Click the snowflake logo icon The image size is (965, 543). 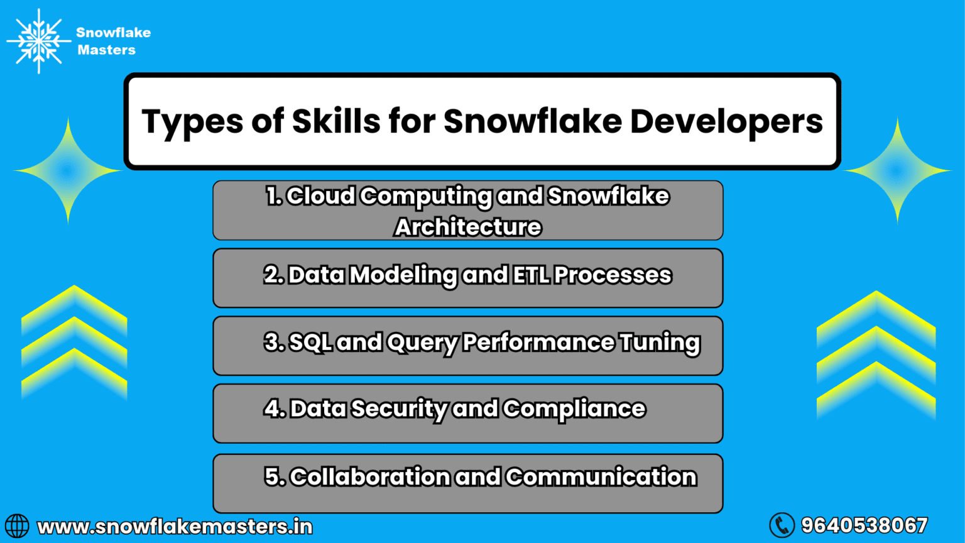click(x=39, y=41)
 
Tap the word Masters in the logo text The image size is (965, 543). click(x=106, y=50)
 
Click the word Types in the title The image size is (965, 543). click(x=191, y=121)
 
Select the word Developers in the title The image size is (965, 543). click(x=726, y=121)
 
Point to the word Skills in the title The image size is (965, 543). click(x=336, y=121)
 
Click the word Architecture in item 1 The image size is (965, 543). click(x=468, y=227)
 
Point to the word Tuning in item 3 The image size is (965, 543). click(x=660, y=343)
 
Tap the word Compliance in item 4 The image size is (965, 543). click(x=574, y=409)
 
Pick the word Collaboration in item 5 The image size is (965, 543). click(x=369, y=477)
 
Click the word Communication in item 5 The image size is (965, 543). click(x=601, y=477)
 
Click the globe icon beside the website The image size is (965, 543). click(x=17, y=526)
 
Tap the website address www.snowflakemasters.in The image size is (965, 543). click(x=175, y=527)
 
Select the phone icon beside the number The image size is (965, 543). click(x=782, y=525)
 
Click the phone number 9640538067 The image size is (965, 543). click(x=864, y=525)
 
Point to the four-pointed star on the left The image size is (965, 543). click(x=68, y=170)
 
